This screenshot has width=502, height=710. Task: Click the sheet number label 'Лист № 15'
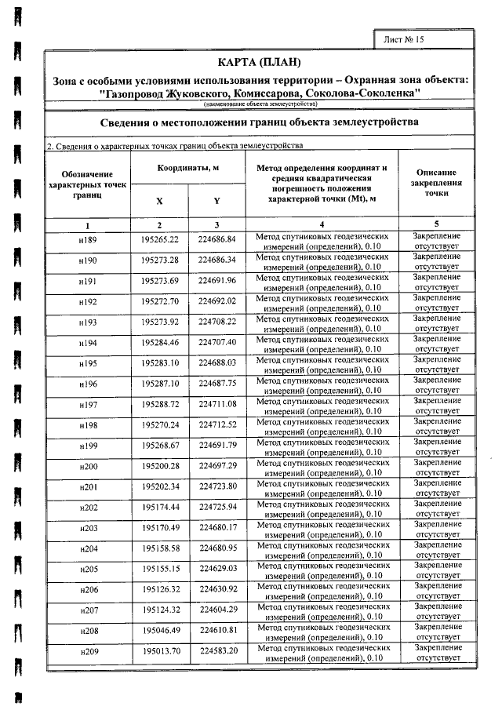pos(404,38)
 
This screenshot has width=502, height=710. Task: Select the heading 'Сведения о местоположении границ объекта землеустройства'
pos(260,122)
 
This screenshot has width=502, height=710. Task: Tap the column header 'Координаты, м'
pos(187,169)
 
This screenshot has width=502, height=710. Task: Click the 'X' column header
pos(160,201)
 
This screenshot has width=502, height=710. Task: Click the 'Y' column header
pos(216,201)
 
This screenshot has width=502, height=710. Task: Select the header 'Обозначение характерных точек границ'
pos(87,187)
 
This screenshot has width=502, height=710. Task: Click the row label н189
pos(87,239)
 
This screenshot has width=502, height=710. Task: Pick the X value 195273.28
pos(160,260)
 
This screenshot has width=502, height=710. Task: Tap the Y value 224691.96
pos(217,280)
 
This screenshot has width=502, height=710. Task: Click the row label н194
pos(87,343)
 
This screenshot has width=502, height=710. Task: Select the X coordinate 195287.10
pos(160,384)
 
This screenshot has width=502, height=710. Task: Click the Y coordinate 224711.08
pos(217,404)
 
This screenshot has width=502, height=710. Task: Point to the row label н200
pos(87,467)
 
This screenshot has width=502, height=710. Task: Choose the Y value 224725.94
pos(217,508)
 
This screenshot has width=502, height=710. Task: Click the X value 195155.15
pos(160,569)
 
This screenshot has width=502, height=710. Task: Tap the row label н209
pos(87,652)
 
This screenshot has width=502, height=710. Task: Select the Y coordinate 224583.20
pos(217,651)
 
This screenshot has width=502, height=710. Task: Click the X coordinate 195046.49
pos(160,631)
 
